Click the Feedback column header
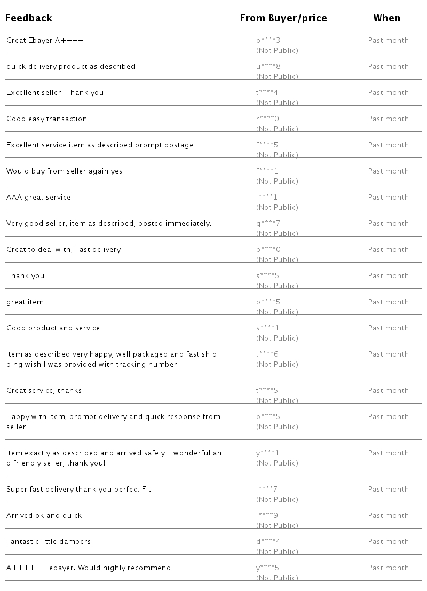[x=29, y=18]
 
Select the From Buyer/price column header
[x=283, y=18]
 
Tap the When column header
[x=386, y=18]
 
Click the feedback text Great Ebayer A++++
[x=45, y=40]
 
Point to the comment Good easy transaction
[x=46, y=119]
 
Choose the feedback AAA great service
[x=38, y=197]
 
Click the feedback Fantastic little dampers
[x=49, y=541]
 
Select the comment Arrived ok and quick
[x=44, y=515]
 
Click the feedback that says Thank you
[x=25, y=275]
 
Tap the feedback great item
[x=25, y=302]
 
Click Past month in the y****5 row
[x=388, y=568]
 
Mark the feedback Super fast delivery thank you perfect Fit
[x=78, y=489]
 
